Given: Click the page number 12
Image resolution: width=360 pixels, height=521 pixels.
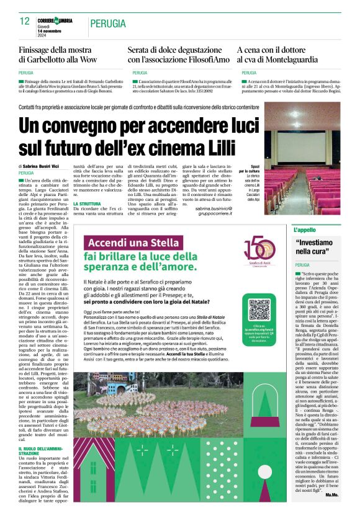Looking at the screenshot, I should [24, 21].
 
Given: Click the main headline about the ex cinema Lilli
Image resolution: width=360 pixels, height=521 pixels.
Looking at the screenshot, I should [138, 137].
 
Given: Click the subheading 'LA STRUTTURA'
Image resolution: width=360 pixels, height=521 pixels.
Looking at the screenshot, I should [88, 204].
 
